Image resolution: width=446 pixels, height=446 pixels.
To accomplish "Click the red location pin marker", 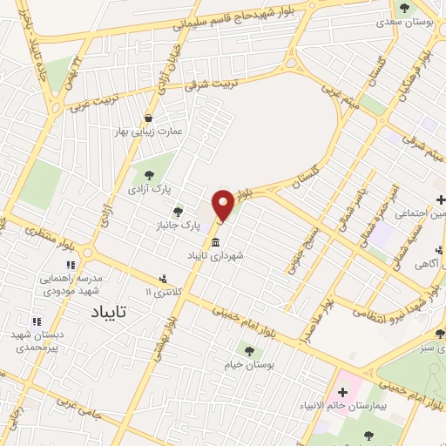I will coord(223,206).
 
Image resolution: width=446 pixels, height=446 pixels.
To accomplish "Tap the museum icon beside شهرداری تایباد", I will coord(214,242).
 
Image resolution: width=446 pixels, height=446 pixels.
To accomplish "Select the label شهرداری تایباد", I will coord(214,257).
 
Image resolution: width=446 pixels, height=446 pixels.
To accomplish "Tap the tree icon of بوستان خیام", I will coord(250,351).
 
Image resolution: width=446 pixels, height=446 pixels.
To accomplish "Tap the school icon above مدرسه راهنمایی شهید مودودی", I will coord(71,265).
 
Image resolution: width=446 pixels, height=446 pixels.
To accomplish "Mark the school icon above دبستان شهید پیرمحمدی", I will coord(37,321).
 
